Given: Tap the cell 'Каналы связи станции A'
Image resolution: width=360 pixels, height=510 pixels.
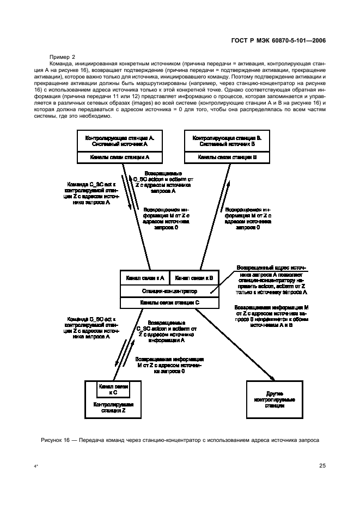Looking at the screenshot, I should [116, 156].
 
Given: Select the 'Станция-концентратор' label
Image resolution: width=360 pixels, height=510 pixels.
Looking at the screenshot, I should [170, 291].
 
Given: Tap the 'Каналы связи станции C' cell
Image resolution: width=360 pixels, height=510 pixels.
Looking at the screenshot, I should [170, 302].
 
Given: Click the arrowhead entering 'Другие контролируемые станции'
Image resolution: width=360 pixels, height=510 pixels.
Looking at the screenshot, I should [271, 378].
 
